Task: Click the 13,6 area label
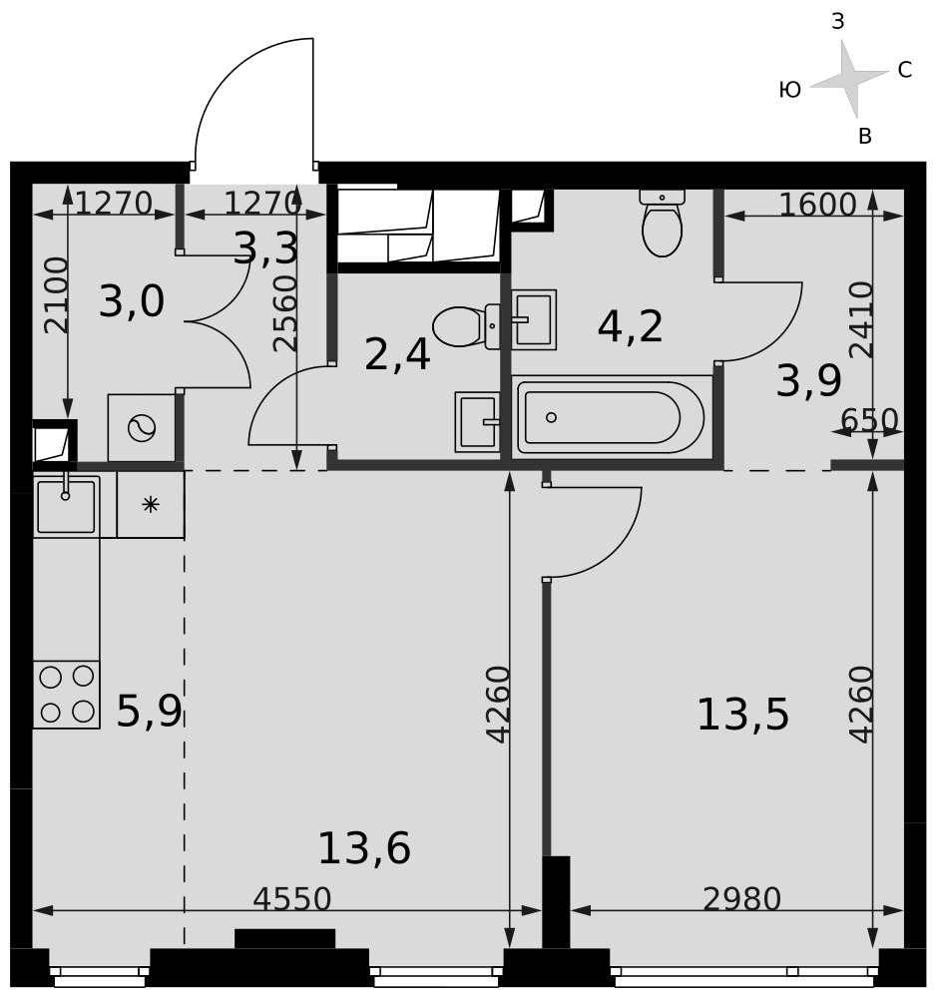coord(364,848)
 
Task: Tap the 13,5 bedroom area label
coord(742,715)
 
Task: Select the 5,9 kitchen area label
coord(150,711)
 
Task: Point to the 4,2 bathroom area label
coord(631,326)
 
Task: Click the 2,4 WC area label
coord(397,354)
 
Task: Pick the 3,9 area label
coord(808,380)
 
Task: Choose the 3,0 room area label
coord(132,301)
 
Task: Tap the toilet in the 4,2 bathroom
coord(662,223)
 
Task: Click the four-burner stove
coord(66,695)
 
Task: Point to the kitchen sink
coord(66,506)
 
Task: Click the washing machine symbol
coord(142,428)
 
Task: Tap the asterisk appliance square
coord(151,505)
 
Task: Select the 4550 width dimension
coord(292,899)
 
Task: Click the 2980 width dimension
coord(741,899)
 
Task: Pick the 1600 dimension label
coord(818,205)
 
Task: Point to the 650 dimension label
coord(869,420)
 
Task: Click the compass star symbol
coord(848,79)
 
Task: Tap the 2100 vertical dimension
coord(56,294)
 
